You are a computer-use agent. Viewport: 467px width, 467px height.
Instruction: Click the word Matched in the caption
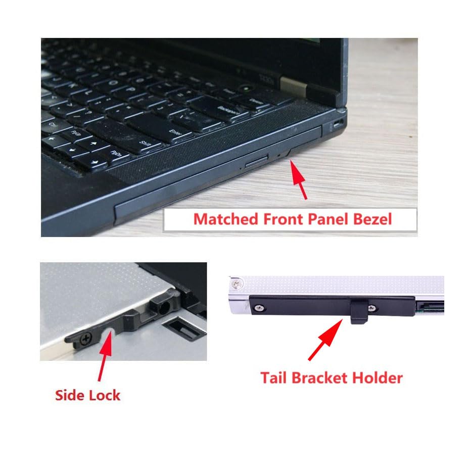click(226, 219)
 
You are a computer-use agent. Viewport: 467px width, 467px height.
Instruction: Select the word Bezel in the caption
click(373, 219)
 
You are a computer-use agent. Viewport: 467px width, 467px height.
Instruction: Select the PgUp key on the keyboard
click(76, 134)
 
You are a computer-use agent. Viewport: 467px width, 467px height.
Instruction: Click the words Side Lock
click(87, 395)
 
